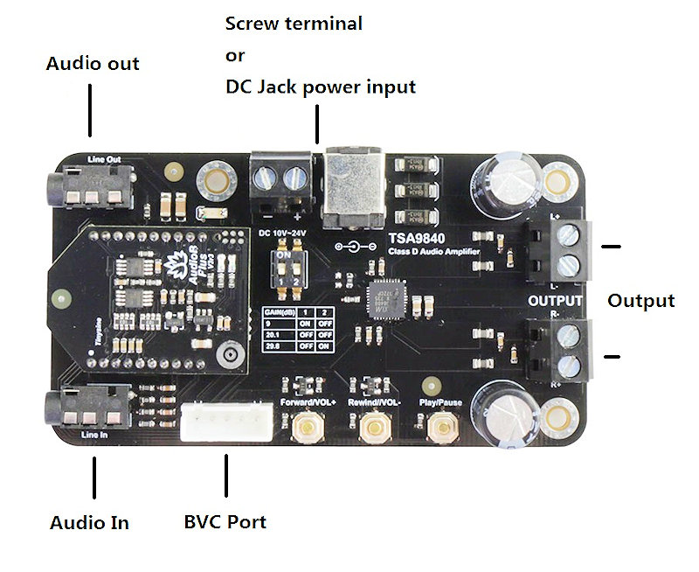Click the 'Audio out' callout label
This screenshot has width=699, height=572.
coord(93,64)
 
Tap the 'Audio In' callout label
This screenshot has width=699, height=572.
coord(89,523)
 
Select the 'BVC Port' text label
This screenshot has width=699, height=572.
coord(225,522)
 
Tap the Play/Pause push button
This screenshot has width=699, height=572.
coord(441,427)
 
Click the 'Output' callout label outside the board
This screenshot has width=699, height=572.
coord(641,301)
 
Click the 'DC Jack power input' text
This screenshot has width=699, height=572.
coord(321,87)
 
